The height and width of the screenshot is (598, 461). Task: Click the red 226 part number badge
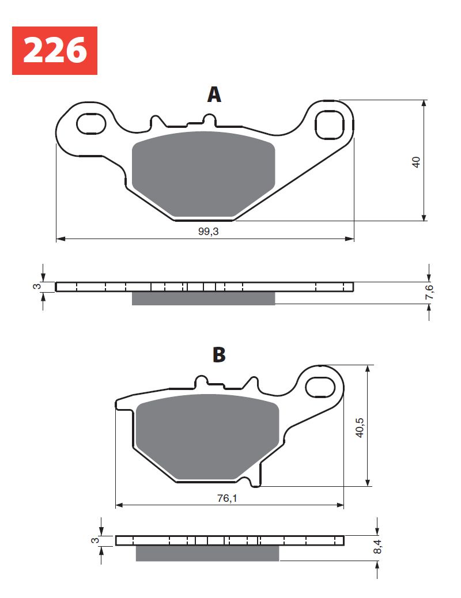(55, 50)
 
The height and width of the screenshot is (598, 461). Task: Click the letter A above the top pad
(214, 94)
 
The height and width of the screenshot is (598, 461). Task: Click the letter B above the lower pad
(219, 355)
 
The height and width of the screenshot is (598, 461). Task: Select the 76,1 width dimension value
(226, 498)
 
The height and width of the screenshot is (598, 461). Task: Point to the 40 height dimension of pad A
(417, 161)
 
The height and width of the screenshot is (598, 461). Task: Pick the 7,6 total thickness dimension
(429, 292)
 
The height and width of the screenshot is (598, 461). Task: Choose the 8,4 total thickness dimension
(379, 547)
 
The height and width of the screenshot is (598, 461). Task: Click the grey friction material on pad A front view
(203, 173)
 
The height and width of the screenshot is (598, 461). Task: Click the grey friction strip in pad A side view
(203, 298)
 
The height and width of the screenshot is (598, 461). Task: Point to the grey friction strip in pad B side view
(207, 553)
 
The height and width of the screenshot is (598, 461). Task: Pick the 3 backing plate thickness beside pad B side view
(94, 540)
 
